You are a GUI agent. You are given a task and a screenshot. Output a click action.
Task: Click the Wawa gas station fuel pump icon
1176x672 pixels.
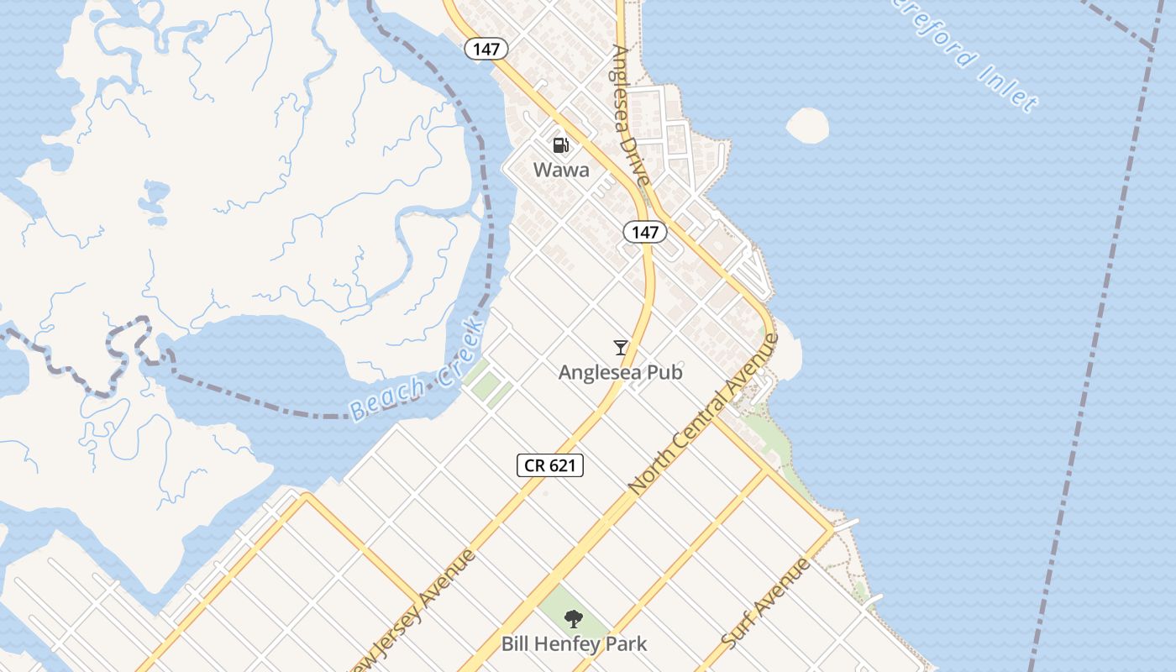coord(560,145)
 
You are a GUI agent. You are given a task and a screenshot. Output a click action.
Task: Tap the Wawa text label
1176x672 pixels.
coord(561,170)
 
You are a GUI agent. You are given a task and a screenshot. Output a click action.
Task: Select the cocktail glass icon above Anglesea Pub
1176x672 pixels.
coord(621,347)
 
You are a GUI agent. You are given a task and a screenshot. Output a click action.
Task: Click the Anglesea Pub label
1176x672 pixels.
coord(621,371)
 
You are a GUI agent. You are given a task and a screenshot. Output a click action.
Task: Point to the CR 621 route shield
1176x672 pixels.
coord(550,465)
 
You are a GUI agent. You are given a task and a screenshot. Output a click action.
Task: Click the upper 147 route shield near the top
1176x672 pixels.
coord(486,49)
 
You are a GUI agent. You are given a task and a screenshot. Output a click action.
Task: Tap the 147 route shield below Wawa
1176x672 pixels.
coord(644,233)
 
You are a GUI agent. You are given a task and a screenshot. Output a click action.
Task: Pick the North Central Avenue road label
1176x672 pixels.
coord(704,413)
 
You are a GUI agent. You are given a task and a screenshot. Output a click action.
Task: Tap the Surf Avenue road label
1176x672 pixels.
coord(766,603)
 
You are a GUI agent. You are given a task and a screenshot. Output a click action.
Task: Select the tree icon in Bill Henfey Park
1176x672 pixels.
coord(574,620)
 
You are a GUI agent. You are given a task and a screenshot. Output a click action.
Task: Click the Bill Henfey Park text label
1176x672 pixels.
coord(575,644)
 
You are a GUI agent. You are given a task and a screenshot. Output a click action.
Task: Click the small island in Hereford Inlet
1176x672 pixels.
coord(807,125)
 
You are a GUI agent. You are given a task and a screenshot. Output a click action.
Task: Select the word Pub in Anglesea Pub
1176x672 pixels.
coord(663,371)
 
